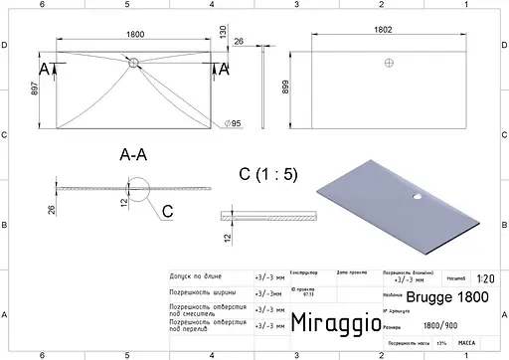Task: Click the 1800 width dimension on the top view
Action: click(132, 36)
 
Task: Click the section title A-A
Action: click(134, 155)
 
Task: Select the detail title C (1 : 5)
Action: click(267, 174)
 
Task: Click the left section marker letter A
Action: click(44, 68)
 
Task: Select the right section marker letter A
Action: click(224, 68)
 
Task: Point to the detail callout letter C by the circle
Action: click(166, 211)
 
